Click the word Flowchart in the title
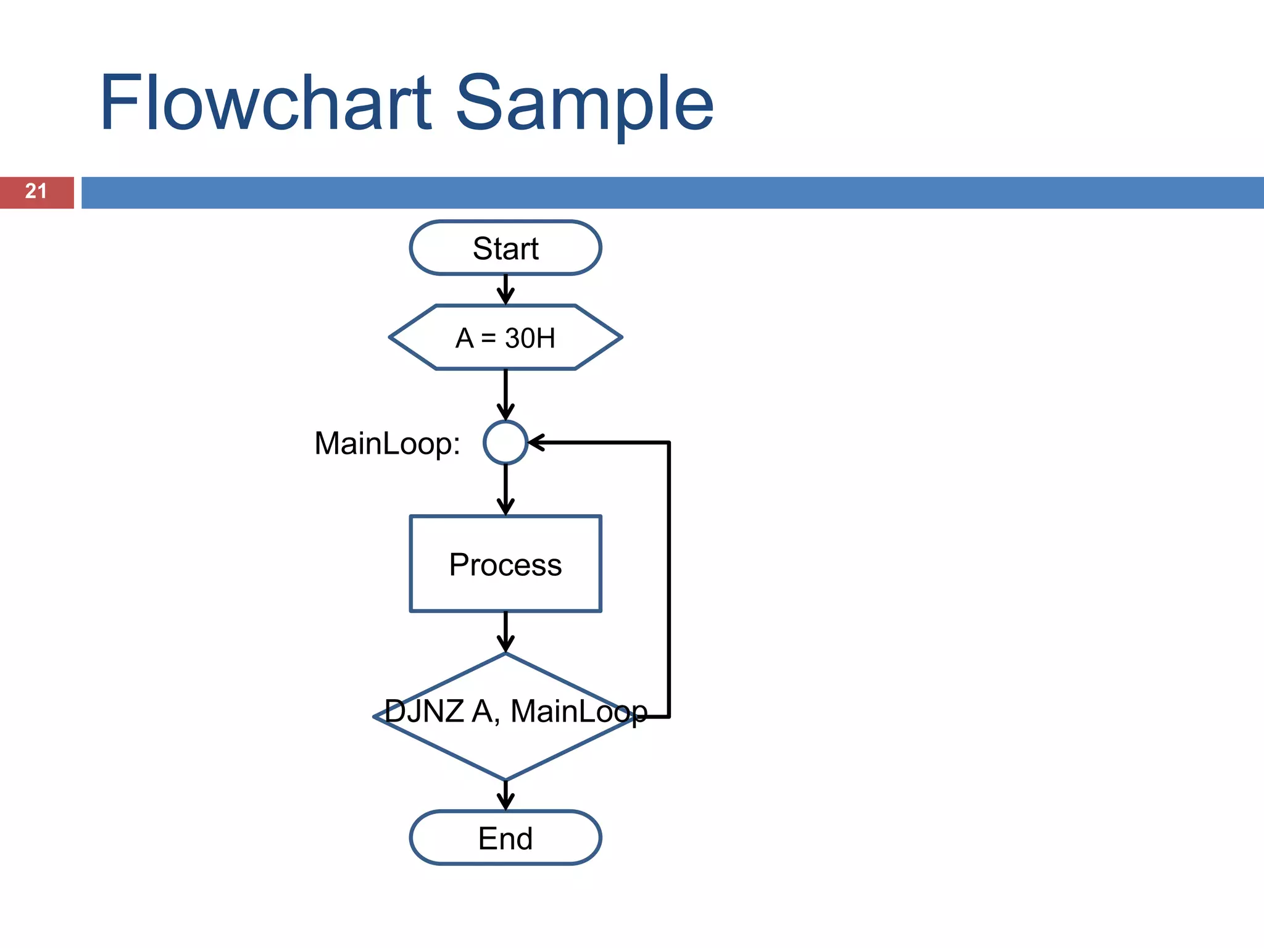tap(265, 104)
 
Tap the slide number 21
tap(36, 191)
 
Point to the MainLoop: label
tap(387, 443)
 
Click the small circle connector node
tap(505, 443)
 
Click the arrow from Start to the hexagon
tap(505, 289)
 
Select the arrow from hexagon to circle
tap(505, 395)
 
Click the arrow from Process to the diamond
tap(505, 631)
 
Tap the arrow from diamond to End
tap(505, 795)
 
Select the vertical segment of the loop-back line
tap(669, 580)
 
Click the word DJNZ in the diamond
tap(425, 711)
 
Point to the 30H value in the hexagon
tap(530, 338)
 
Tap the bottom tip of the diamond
tap(505, 778)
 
